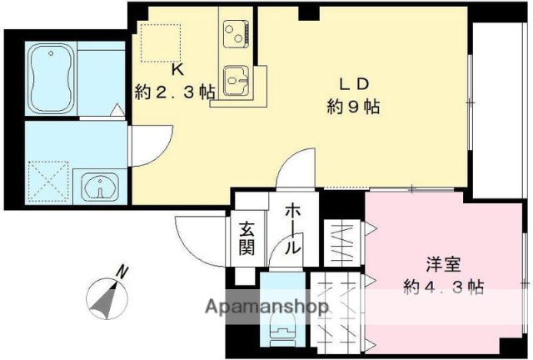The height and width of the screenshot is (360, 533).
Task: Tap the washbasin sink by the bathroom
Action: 101,186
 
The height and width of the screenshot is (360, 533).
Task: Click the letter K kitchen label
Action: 177,69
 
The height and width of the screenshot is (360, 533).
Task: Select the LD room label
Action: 352,83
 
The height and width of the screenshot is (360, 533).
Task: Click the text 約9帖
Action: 353,107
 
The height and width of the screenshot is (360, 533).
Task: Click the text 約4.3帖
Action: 443,286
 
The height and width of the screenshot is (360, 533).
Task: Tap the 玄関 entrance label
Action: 247,238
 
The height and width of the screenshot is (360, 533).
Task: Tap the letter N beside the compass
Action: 122,272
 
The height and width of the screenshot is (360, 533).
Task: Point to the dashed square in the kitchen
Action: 160,41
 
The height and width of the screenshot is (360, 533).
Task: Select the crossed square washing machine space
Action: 47,181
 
